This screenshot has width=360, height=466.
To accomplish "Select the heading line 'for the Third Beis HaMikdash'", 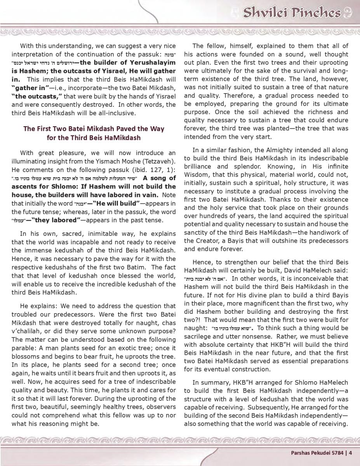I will coord(94,137).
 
